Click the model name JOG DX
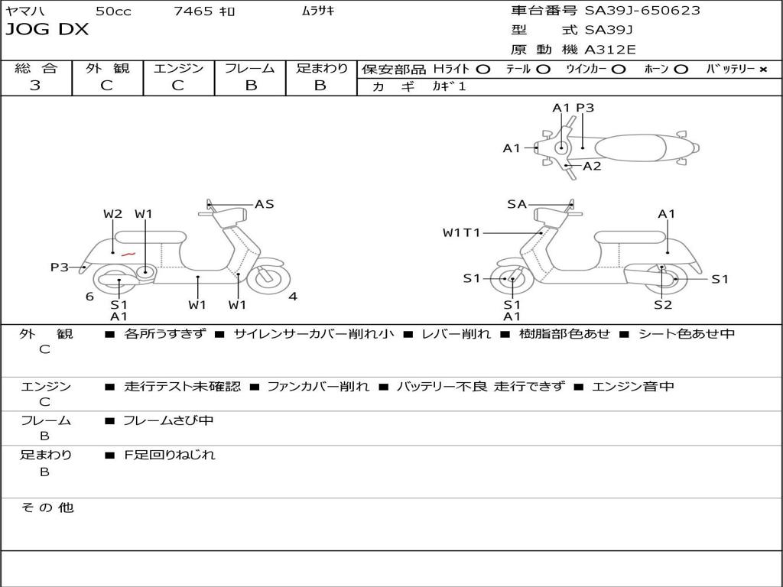(x=47, y=30)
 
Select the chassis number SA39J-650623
(x=642, y=11)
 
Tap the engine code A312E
(x=610, y=50)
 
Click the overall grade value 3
(x=35, y=86)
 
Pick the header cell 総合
(x=36, y=68)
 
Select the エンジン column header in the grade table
(x=178, y=68)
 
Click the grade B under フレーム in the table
(x=250, y=86)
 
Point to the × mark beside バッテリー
(x=762, y=69)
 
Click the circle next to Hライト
(x=482, y=69)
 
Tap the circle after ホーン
(x=681, y=69)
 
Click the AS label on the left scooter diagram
(x=264, y=204)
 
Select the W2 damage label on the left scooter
(x=113, y=214)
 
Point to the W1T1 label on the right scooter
(x=461, y=232)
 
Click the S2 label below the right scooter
(x=663, y=305)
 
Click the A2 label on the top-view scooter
(x=592, y=166)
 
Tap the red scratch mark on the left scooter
(x=128, y=253)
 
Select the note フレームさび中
(x=168, y=420)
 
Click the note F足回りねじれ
(x=170, y=455)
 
